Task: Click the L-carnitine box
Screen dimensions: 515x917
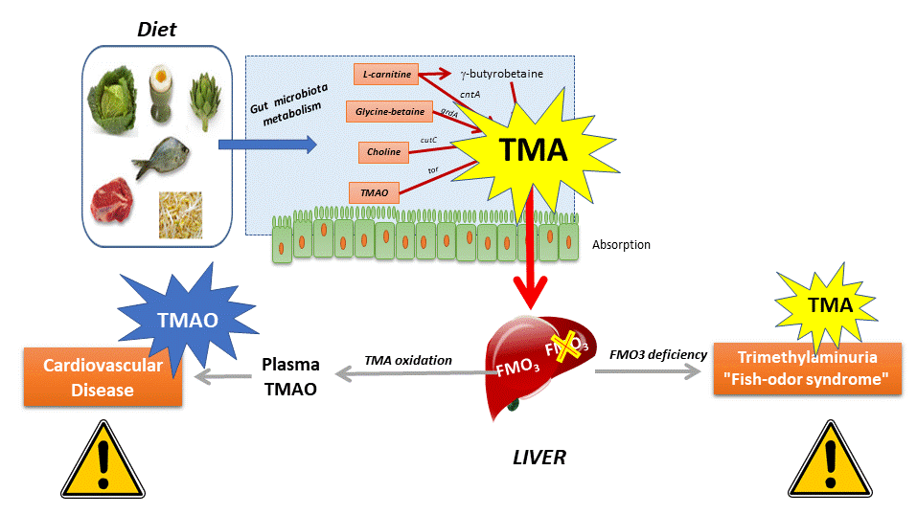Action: click(387, 74)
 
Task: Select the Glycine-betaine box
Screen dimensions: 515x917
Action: click(390, 112)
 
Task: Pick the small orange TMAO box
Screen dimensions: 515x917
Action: click(374, 192)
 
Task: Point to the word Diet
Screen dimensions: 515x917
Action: click(156, 30)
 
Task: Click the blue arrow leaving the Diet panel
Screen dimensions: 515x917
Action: click(265, 146)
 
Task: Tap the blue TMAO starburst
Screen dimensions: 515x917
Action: click(182, 321)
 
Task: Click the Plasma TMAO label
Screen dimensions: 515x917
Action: click(292, 376)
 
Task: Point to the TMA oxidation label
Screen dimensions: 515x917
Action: click(409, 361)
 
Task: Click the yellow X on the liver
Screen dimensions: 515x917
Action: click(562, 348)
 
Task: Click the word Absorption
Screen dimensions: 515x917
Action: click(621, 245)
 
